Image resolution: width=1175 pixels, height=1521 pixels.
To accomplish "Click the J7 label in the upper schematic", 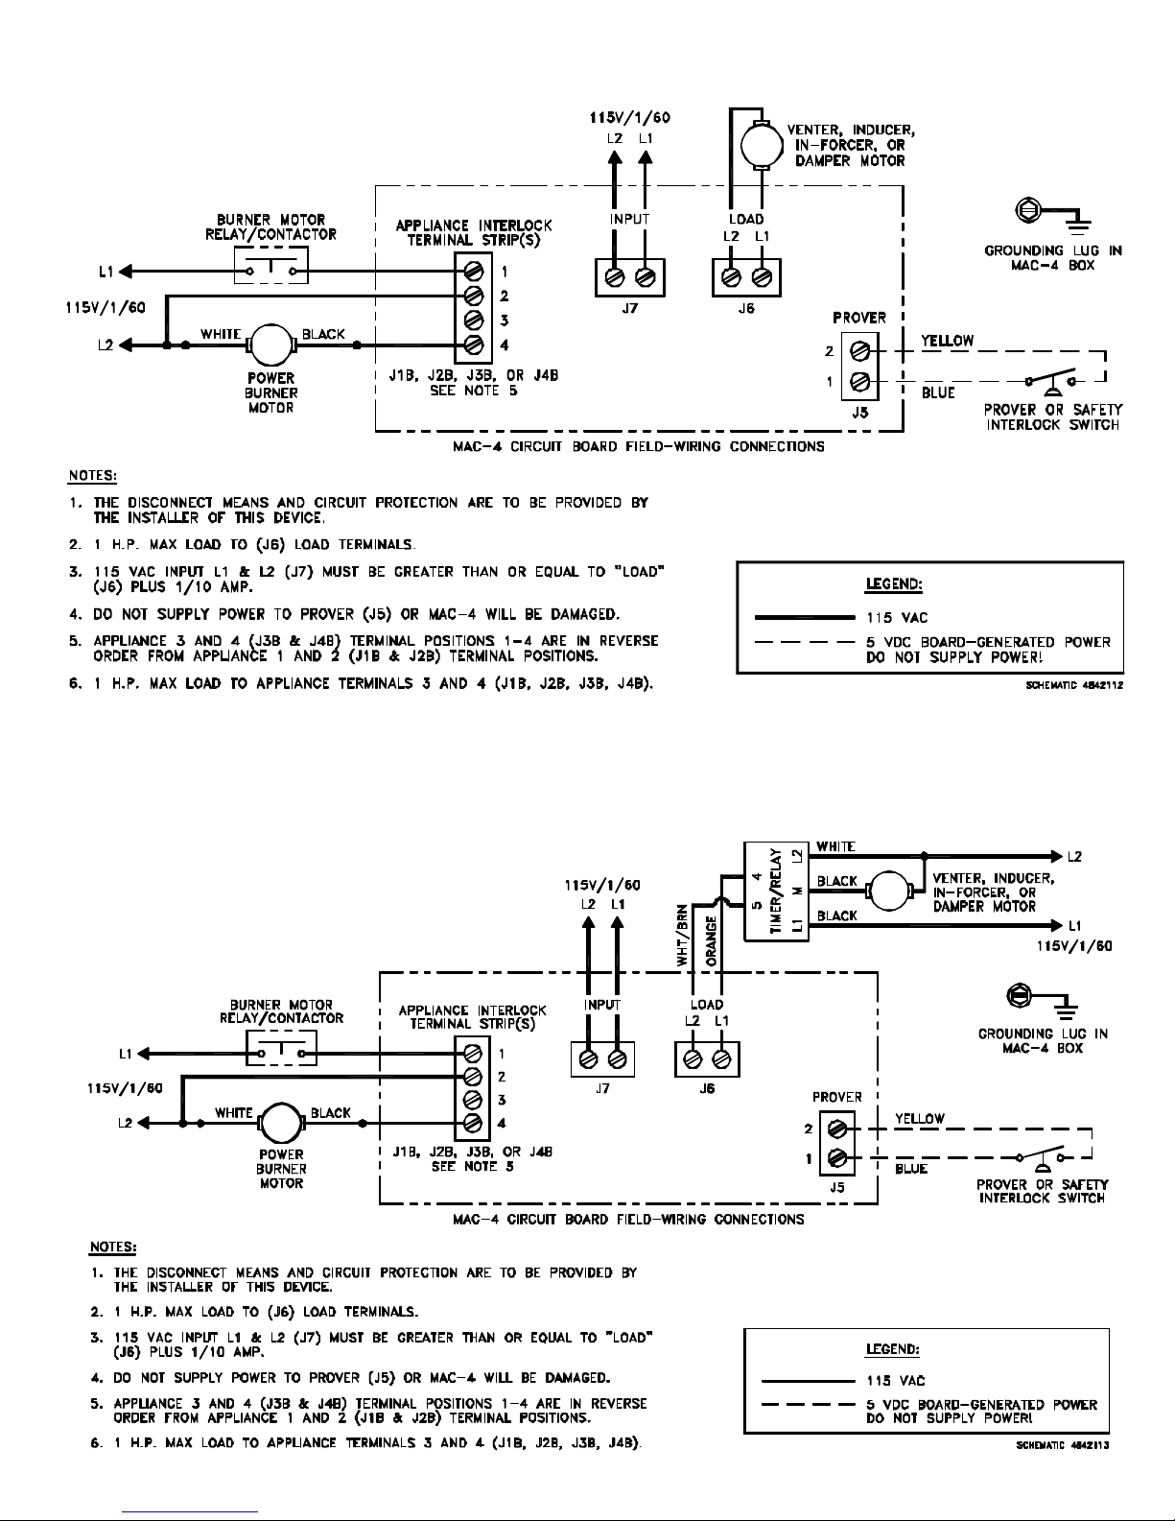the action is [x=629, y=308].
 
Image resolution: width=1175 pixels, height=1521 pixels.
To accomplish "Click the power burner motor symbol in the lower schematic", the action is [x=281, y=1124].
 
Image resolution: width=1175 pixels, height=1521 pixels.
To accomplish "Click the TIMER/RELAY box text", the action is [x=775, y=891].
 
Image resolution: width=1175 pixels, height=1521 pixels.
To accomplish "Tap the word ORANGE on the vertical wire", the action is [x=712, y=941].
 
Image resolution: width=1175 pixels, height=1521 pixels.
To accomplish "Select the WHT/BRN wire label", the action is [x=682, y=936].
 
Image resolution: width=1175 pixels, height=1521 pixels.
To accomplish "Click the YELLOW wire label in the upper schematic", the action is [x=947, y=341].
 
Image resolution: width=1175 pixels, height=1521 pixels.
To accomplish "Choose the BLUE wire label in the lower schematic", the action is [x=910, y=1168].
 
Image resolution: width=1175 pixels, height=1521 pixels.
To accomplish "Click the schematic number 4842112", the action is [x=1074, y=685].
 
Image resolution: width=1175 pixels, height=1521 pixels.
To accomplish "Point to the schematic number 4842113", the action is [x=1063, y=1444].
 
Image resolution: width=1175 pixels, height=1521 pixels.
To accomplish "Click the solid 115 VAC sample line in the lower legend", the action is [x=808, y=1381].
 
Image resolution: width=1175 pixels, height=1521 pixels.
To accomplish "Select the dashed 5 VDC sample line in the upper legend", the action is [x=805, y=642].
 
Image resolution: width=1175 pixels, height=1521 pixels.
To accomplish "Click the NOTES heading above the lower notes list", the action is [x=112, y=1247].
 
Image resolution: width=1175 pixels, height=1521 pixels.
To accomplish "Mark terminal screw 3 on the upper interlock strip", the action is [x=474, y=320].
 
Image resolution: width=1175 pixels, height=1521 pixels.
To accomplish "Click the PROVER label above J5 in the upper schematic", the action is [x=858, y=318].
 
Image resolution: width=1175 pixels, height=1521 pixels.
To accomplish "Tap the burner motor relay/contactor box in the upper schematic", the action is [x=270, y=265].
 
